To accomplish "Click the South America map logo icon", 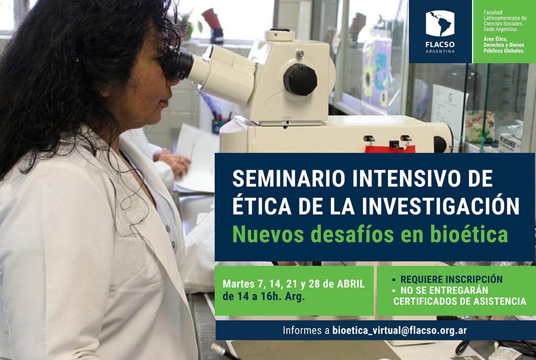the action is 440,23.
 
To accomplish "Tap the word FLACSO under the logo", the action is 440,45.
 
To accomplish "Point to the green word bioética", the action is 469,234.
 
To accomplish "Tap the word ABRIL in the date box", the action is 351,284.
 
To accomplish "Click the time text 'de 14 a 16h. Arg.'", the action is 264,297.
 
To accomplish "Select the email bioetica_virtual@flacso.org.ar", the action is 399,330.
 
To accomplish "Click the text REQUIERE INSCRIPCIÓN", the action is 451,279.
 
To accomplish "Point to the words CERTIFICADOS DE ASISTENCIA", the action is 460,301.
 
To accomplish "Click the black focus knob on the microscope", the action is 300,80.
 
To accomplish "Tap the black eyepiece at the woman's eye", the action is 177,62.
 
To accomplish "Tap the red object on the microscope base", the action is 390,149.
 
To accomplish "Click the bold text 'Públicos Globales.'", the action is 504,51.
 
